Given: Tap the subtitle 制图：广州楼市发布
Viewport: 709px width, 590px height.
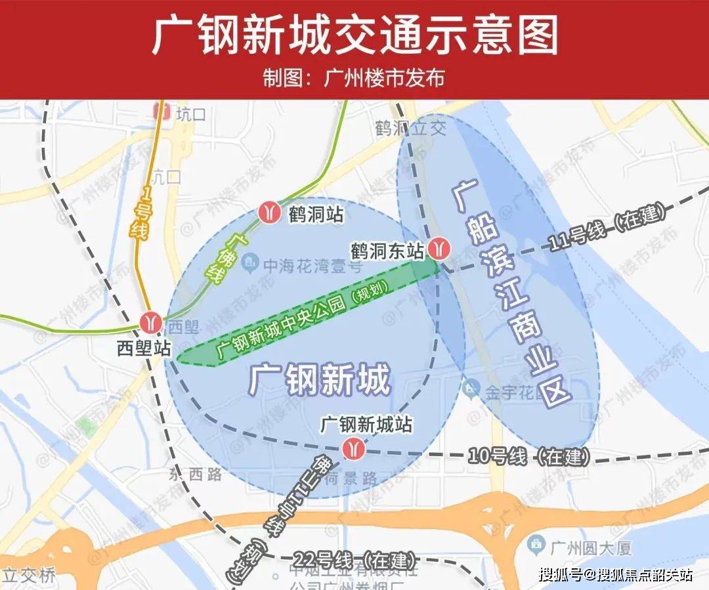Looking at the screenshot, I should (x=354, y=78).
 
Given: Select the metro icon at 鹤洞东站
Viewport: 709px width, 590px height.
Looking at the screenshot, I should (x=439, y=249).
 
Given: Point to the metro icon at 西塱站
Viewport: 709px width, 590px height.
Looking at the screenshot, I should (x=151, y=322).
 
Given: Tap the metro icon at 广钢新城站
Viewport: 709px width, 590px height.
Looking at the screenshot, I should (x=353, y=448).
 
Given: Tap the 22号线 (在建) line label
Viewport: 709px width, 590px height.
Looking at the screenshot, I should (x=355, y=561).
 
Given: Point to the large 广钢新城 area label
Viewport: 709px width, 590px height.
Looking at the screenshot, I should (x=320, y=380).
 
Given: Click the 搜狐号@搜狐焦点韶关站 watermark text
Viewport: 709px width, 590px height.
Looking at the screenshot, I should (x=615, y=575).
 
